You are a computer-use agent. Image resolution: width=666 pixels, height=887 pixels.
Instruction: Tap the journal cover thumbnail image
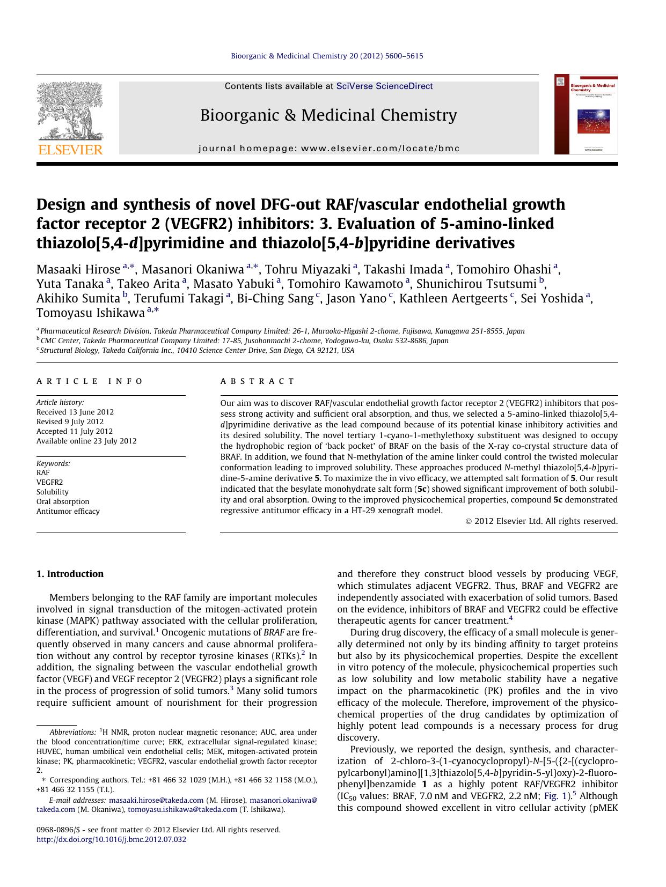coord(586,114)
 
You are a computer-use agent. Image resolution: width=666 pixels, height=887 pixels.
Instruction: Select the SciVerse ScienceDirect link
coord(384,86)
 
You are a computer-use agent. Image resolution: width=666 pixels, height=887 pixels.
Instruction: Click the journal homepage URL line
coord(329,149)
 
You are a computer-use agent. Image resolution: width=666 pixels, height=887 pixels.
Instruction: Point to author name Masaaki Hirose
coord(78,269)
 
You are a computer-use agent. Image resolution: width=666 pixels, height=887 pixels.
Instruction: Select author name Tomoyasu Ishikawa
coord(90,313)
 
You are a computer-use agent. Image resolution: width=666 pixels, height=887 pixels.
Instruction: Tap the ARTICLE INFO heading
coord(90,381)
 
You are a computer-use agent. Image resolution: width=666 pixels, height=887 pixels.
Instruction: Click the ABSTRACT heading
coord(258,381)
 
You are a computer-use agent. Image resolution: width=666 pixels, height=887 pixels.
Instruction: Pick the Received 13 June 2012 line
coord(75,412)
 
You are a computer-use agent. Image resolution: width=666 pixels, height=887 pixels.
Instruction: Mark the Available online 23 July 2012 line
coord(86,441)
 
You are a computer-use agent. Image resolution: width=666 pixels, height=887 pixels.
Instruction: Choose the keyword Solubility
coord(53,492)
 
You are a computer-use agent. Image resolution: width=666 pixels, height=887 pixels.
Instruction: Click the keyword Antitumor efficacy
coord(68,511)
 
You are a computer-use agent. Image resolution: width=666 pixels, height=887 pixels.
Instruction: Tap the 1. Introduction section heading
coord(70,574)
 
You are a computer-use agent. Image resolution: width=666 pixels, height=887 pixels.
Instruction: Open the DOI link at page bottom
coord(111,839)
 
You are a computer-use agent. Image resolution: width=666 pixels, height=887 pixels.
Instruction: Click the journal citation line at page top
coord(327,56)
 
